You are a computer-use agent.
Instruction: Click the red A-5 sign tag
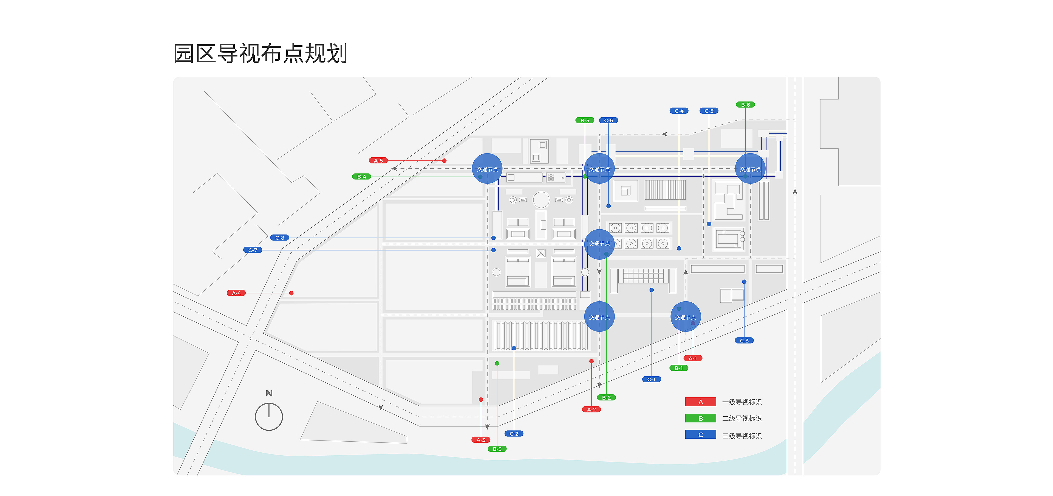pyautogui.click(x=378, y=160)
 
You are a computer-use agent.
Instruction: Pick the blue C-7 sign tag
pyautogui.click(x=253, y=250)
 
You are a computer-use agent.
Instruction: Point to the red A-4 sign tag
pyautogui.click(x=236, y=293)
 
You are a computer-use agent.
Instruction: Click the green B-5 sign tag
pyautogui.click(x=585, y=120)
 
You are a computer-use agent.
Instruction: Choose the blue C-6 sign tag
pyautogui.click(x=608, y=120)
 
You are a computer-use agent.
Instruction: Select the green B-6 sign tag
pyautogui.click(x=745, y=105)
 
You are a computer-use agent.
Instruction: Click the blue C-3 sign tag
pyautogui.click(x=744, y=341)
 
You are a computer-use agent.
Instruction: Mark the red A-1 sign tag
pyautogui.click(x=692, y=358)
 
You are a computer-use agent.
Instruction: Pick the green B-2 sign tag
pyautogui.click(x=606, y=397)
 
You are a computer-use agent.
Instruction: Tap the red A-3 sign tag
pyautogui.click(x=481, y=440)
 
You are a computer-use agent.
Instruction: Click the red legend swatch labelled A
pyautogui.click(x=700, y=402)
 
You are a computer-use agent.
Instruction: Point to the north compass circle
pyautogui.click(x=269, y=417)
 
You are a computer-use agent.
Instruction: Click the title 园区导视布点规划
pyautogui.click(x=261, y=53)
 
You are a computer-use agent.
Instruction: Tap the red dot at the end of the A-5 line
pyautogui.click(x=444, y=160)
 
